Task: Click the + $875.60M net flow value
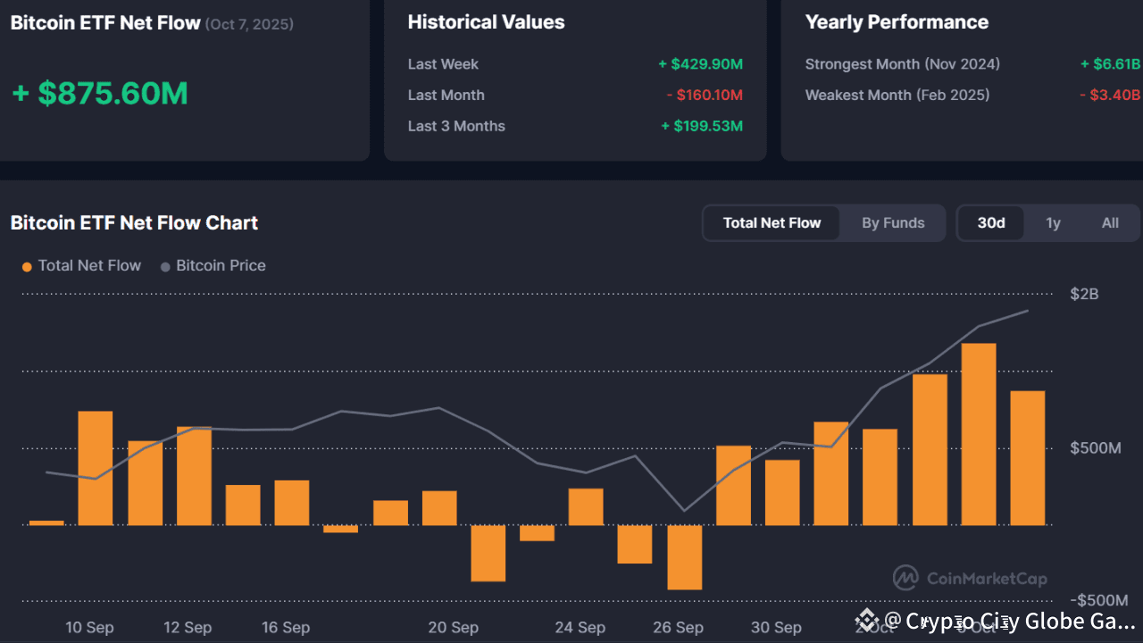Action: coord(100,94)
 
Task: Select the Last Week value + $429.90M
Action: coord(700,64)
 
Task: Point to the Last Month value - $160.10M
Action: coord(704,96)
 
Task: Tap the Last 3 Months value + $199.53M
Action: coord(701,126)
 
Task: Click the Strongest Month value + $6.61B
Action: coord(1109,64)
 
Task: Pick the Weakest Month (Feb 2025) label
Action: coord(897,96)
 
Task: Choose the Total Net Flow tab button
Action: coord(772,223)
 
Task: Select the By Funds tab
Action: coord(893,223)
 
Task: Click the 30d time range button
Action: coord(991,223)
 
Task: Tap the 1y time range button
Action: coord(1054,223)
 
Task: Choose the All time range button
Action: coord(1110,223)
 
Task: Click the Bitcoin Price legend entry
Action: coord(221,265)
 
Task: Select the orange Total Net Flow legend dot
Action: coord(28,266)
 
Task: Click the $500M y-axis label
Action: coord(1095,448)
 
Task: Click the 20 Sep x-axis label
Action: coord(453,628)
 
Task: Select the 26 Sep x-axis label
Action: coord(679,628)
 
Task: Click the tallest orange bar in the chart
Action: coord(979,434)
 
